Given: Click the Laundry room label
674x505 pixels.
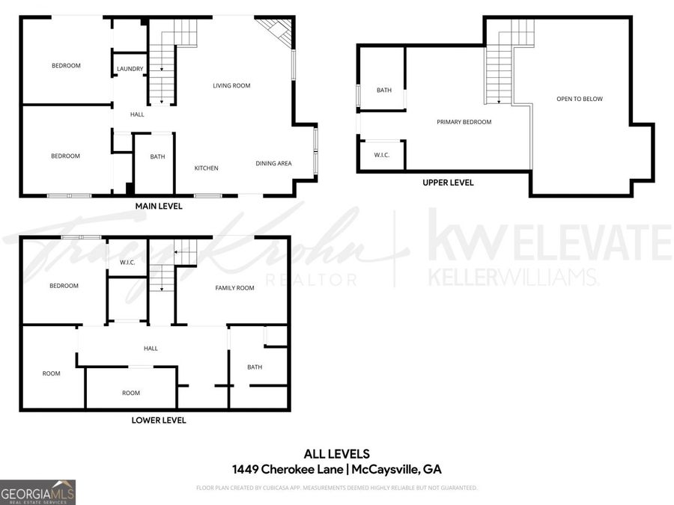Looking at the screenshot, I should pos(130,70).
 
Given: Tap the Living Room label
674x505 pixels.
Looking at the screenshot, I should pos(231,86).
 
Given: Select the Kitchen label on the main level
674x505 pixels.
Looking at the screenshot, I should pos(207,168).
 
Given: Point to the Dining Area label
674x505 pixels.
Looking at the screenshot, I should pos(273,164).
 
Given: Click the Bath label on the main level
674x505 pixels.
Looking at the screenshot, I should pos(157,157).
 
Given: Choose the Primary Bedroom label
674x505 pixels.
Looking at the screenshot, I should pos(464,122).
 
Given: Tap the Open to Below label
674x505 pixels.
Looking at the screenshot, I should pos(579,100).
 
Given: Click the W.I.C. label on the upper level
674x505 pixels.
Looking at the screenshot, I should pos(382,155).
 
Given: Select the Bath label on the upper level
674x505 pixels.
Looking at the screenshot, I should pos(383,91).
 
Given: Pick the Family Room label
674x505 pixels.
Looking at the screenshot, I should pos(234,288).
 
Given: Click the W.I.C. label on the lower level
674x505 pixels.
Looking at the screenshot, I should pos(127,263).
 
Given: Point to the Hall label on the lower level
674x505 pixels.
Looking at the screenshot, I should pos(151,349).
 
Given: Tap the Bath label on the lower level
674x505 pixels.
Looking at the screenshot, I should pos(255,367).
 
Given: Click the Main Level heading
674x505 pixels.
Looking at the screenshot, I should pos(158,206).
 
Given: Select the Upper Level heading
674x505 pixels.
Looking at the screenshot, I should pos(448,183).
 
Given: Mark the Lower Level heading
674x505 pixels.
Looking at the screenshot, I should pos(158,420).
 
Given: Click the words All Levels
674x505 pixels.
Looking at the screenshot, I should pos(336,453).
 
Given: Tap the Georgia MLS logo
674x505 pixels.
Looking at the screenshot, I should pos(37,493).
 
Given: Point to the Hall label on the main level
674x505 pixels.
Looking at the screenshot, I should pos(137,114).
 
